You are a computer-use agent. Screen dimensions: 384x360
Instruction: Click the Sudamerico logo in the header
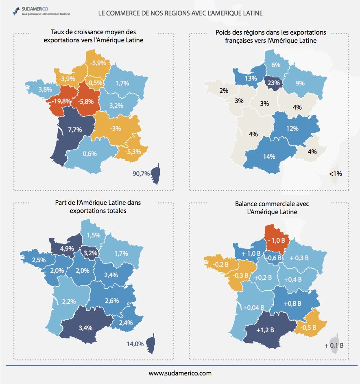coord(41,11)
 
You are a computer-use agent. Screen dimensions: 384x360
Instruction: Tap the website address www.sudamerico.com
coord(180,373)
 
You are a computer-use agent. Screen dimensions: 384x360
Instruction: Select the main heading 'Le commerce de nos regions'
coord(181,13)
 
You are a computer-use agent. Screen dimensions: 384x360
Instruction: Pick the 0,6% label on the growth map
coord(89,154)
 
